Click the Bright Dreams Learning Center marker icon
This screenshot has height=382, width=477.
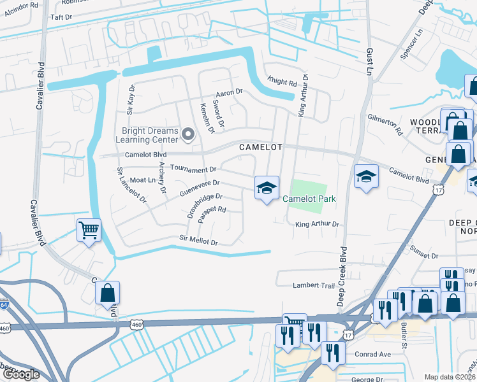[x=187, y=134]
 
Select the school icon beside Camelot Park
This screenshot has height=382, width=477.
[x=267, y=187]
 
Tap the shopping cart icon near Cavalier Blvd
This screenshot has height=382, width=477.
[x=89, y=230]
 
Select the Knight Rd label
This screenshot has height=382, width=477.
[x=282, y=83]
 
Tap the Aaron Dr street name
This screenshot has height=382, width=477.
[x=230, y=92]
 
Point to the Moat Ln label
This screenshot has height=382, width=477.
[x=142, y=181]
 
